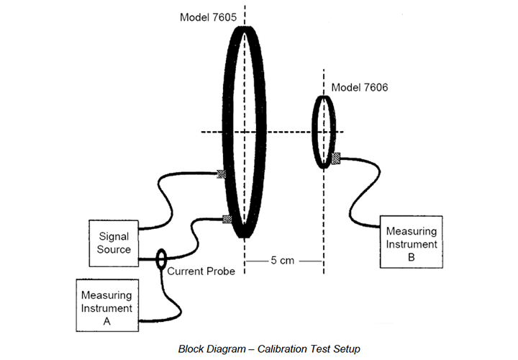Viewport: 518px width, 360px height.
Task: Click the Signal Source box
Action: pos(114,243)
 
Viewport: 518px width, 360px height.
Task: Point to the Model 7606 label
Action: pos(359,88)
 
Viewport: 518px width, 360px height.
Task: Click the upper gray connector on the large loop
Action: pos(222,173)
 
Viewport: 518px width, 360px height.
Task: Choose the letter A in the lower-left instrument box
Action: pos(106,322)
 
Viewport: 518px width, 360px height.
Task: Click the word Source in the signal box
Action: pos(114,250)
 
